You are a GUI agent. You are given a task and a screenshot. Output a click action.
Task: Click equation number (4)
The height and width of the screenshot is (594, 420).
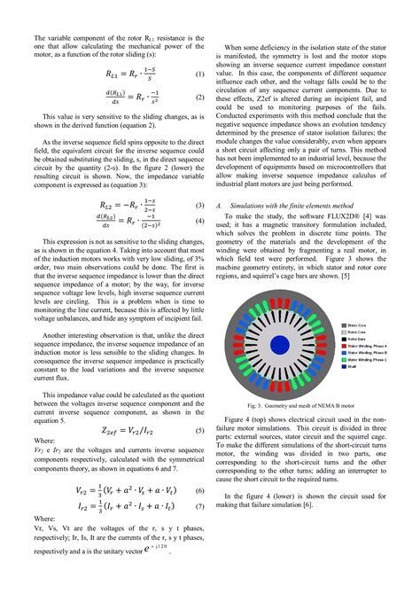(200, 221)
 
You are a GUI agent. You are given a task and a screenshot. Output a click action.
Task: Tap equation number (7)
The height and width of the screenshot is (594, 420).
(200, 507)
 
